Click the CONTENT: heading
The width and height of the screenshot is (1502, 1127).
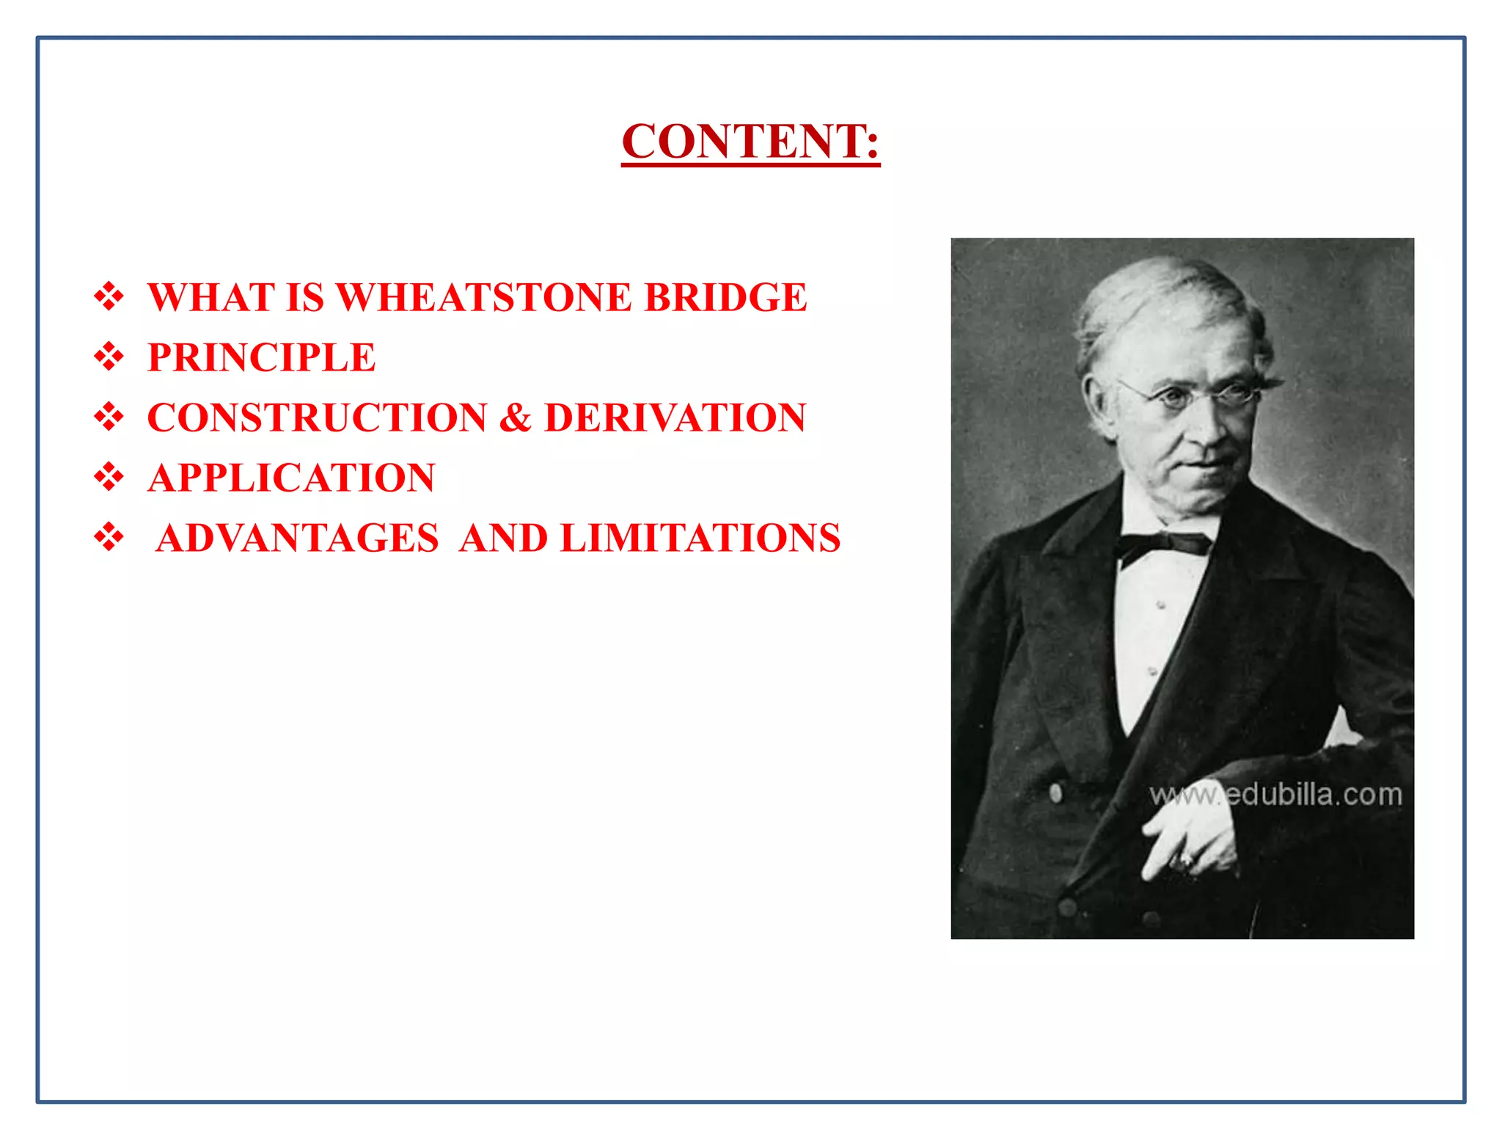click(x=750, y=141)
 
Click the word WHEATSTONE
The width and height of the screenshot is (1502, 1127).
click(x=483, y=298)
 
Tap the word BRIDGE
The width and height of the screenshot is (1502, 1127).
click(x=725, y=298)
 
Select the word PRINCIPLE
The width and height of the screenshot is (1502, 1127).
click(x=261, y=358)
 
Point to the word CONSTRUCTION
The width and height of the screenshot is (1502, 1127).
click(x=317, y=418)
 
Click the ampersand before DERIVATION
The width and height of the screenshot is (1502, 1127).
click(x=516, y=418)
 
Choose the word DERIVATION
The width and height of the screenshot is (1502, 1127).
click(x=675, y=418)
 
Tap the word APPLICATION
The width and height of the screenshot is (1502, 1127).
click(x=291, y=478)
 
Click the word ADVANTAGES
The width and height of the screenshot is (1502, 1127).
click(x=297, y=539)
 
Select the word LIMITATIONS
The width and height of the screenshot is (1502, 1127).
click(x=700, y=539)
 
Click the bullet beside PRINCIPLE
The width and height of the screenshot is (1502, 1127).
click(x=109, y=357)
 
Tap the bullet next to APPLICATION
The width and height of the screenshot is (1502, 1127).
click(x=109, y=478)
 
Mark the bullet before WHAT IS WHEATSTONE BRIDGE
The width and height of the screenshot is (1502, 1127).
click(x=109, y=297)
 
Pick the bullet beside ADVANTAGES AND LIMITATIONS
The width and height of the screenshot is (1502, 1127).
click(x=109, y=538)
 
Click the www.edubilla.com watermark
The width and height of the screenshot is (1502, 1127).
click(x=1275, y=795)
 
